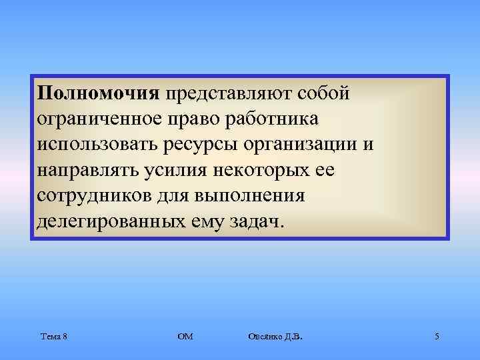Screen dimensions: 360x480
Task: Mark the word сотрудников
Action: tap(98, 195)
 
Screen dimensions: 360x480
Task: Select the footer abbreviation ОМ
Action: tap(185, 337)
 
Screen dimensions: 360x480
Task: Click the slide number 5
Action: tap(436, 337)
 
